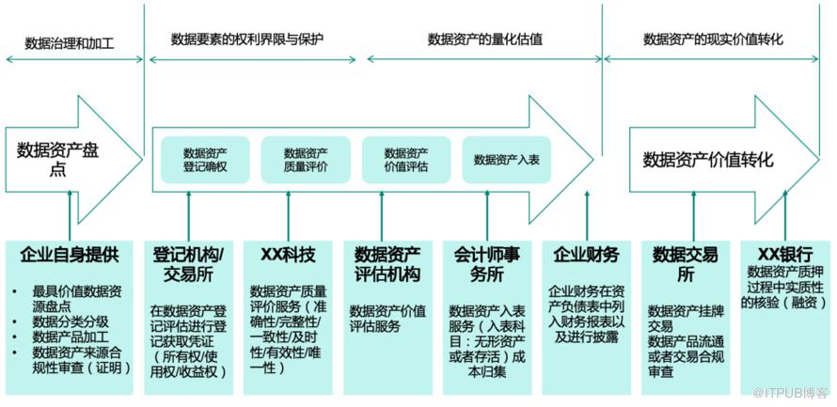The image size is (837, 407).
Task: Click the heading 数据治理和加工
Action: (x=69, y=42)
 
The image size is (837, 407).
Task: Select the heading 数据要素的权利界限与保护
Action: (x=245, y=39)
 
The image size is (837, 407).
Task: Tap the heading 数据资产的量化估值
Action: (x=484, y=39)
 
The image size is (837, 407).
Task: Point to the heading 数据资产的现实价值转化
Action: (x=713, y=39)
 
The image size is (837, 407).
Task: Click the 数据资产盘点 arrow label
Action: (x=57, y=158)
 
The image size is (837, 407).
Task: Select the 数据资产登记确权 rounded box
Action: (x=204, y=159)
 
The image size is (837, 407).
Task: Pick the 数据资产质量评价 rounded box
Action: (x=305, y=159)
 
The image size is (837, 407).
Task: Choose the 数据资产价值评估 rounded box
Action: (x=405, y=159)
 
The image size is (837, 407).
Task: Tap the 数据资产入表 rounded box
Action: (x=506, y=159)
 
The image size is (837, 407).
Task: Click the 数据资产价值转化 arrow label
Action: (x=707, y=160)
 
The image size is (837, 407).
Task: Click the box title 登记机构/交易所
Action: (x=187, y=264)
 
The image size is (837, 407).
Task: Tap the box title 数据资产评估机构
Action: (x=387, y=264)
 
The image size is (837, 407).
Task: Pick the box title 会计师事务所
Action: (x=486, y=264)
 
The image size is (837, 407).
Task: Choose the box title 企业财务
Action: (x=586, y=254)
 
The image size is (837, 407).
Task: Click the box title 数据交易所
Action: (x=686, y=264)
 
